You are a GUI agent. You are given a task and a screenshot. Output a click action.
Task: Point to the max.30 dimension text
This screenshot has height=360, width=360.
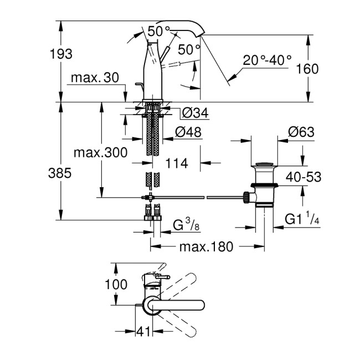pos(95,79)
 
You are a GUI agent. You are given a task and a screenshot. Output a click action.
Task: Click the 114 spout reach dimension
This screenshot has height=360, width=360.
pos(176,163)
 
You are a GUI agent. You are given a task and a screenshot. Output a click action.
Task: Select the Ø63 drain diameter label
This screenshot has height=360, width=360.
pos(301,132)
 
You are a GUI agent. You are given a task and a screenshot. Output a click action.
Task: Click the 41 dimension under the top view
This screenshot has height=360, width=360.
pos(145,331)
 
